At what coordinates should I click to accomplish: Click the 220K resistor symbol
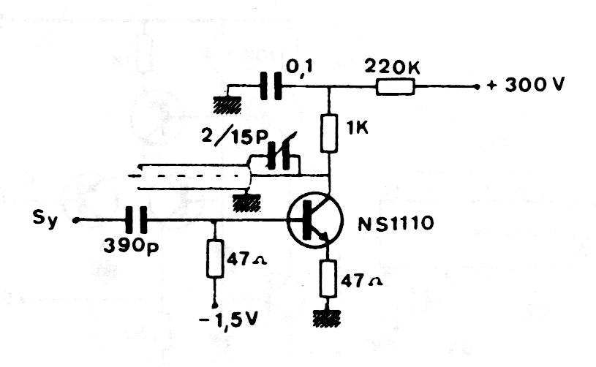coord(396,88)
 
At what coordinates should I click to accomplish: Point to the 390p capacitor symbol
coord(135,219)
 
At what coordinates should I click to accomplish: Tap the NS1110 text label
coord(394,224)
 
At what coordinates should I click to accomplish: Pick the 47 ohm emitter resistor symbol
coord(329,279)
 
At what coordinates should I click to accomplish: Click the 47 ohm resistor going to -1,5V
coord(214,258)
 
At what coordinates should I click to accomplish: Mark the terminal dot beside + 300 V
coord(476,87)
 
